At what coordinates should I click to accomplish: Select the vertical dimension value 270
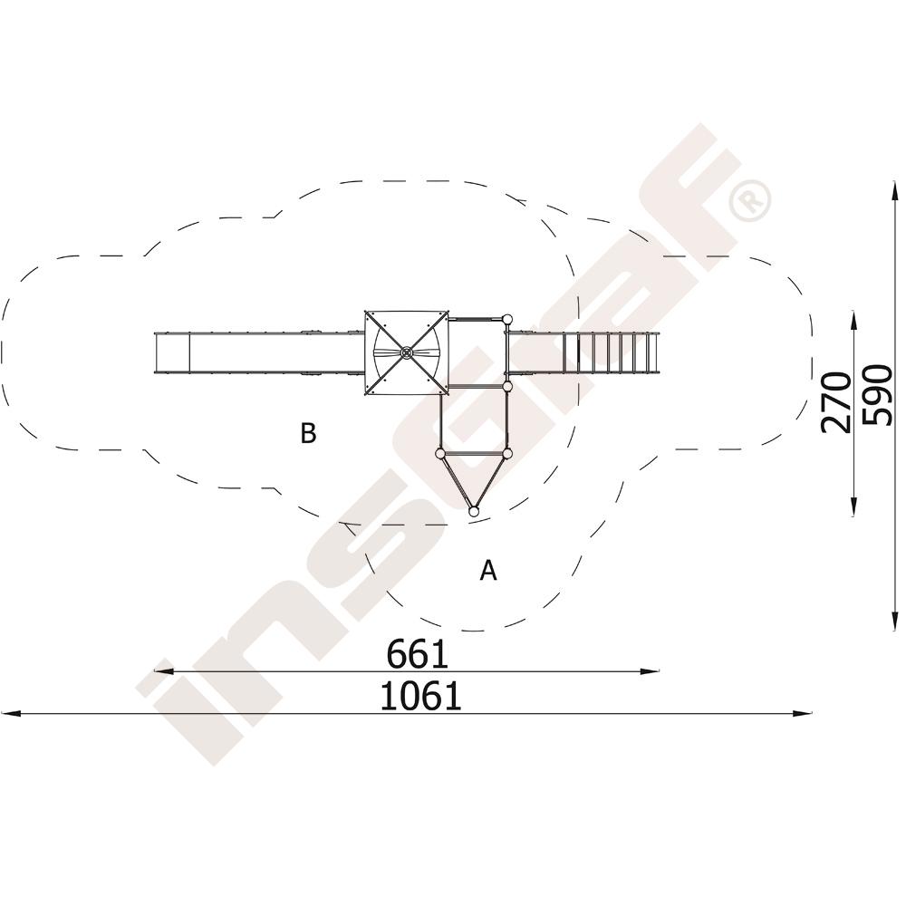[x=836, y=403]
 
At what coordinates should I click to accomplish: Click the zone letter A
[x=488, y=570]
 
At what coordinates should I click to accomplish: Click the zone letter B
[x=309, y=433]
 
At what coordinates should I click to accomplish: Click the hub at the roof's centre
[x=406, y=352]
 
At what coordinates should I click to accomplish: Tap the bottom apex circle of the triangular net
[x=473, y=511]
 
